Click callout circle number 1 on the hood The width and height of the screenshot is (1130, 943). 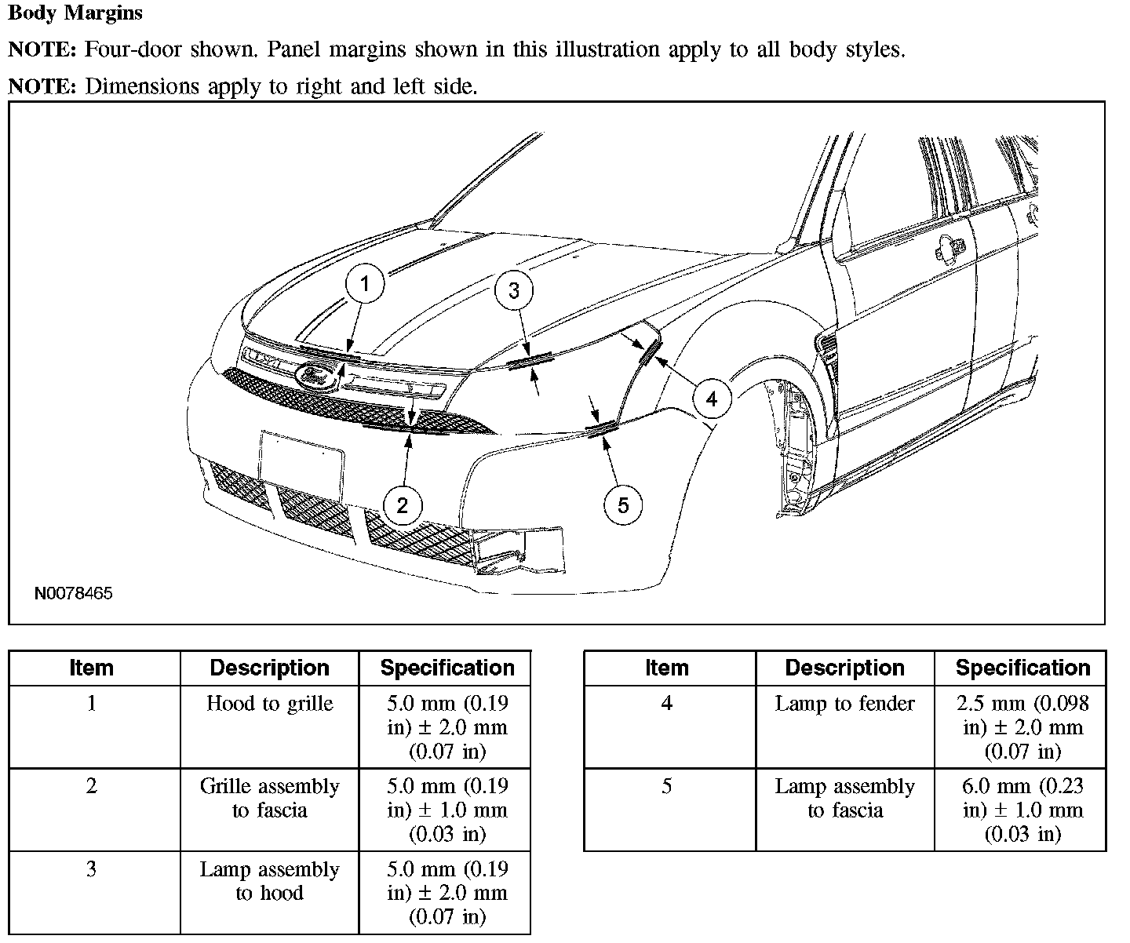tap(365, 283)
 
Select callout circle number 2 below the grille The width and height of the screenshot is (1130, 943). tap(403, 505)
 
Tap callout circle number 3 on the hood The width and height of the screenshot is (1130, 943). tap(514, 290)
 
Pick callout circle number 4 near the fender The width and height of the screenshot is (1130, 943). tap(711, 399)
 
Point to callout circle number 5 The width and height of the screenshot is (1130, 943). tap(623, 504)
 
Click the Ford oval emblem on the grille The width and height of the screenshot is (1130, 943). tap(316, 376)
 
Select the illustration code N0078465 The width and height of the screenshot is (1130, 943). tap(74, 593)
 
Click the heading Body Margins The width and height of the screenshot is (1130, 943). tap(75, 13)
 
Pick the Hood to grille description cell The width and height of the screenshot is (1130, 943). tap(269, 704)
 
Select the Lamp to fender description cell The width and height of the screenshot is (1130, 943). tap(844, 704)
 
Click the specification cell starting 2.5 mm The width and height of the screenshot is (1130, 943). tap(1022, 727)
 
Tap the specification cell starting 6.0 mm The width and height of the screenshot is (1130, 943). tap(1022, 810)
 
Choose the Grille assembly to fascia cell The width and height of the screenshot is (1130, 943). tap(269, 798)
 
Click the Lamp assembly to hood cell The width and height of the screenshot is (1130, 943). tap(269, 881)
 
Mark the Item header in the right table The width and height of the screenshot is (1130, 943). tap(666, 668)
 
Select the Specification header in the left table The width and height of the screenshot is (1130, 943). tap(447, 668)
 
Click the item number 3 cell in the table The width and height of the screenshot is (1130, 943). tap(92, 869)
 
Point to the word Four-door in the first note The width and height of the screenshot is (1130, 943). tap(129, 50)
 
